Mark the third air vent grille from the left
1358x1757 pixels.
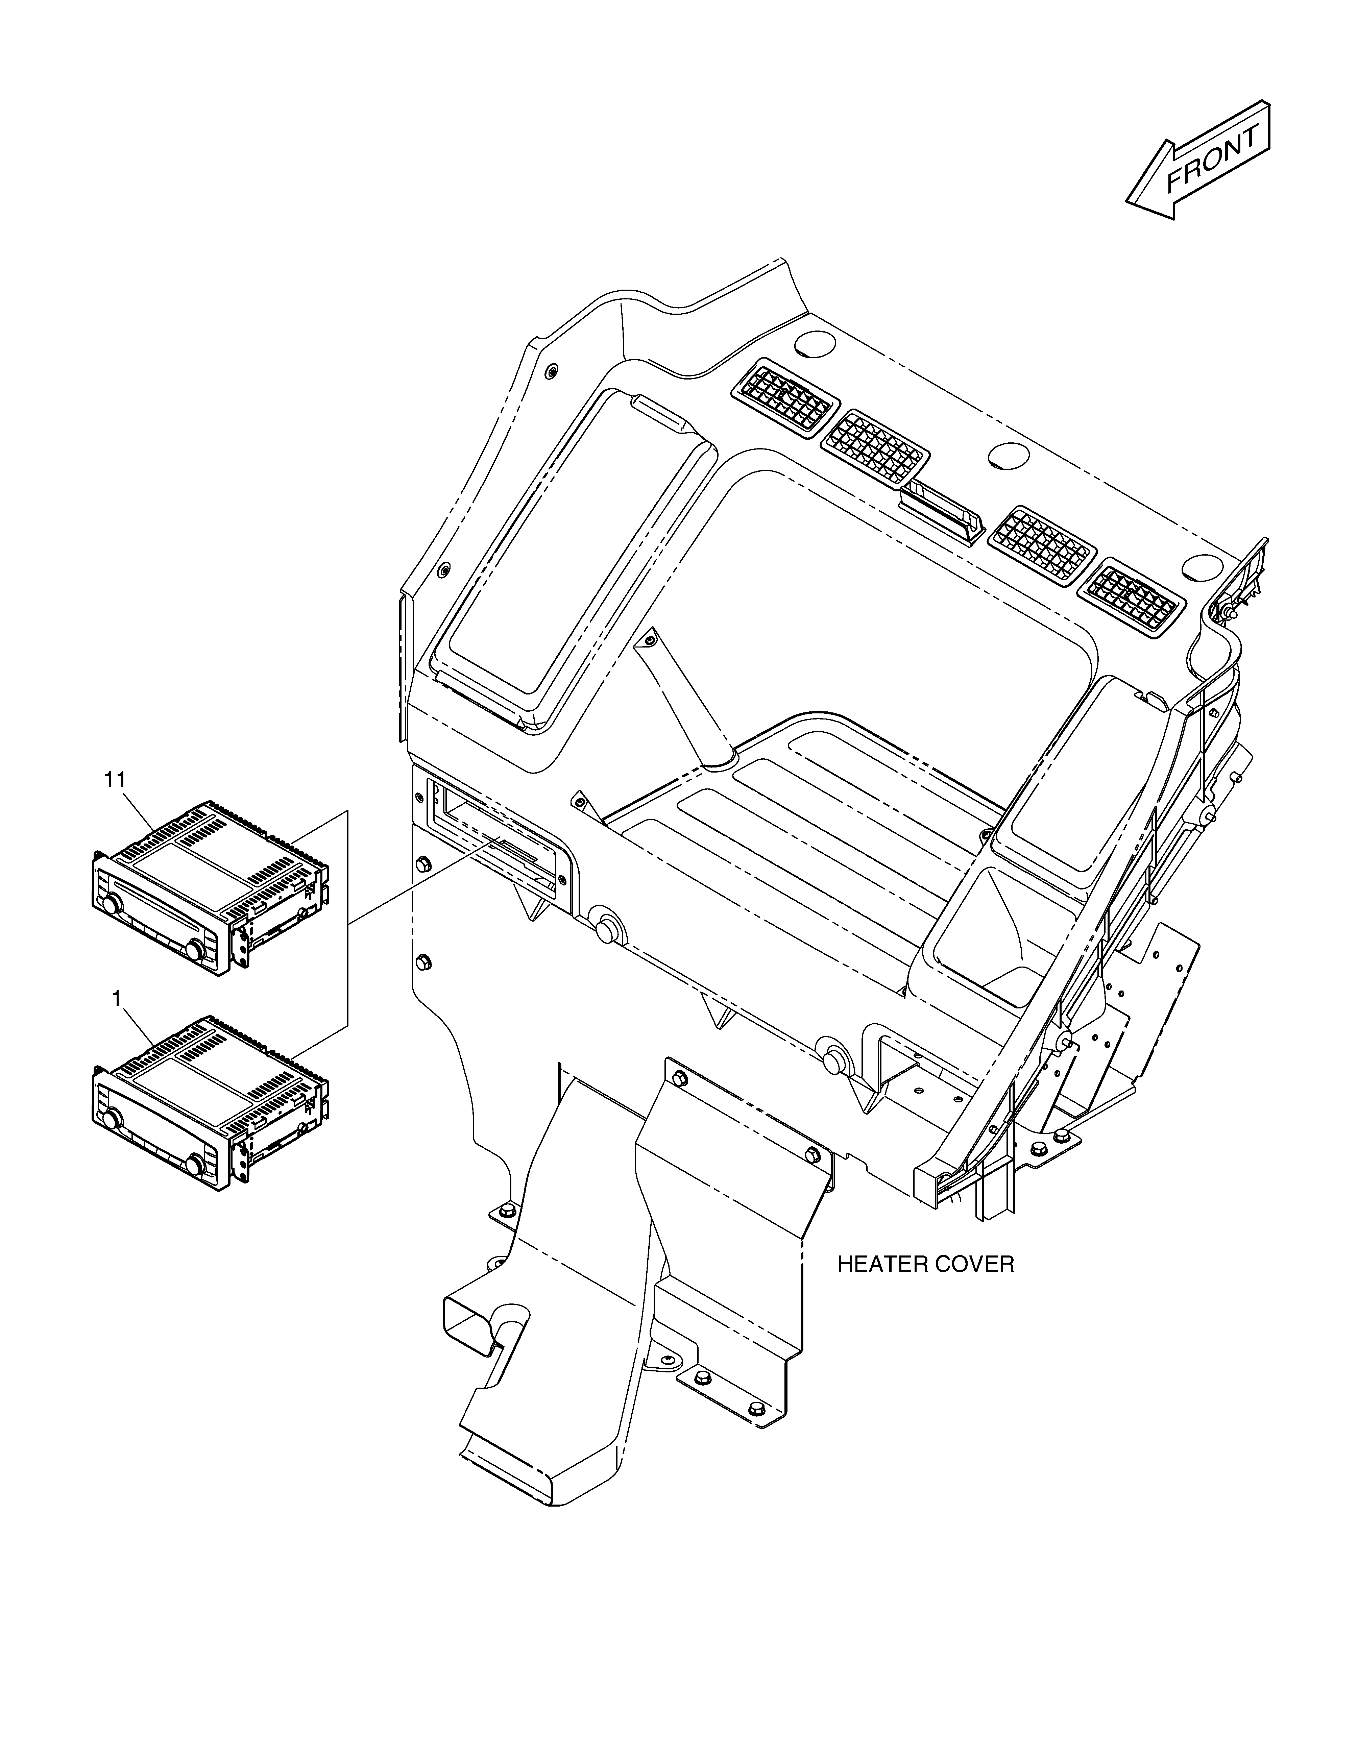1042,545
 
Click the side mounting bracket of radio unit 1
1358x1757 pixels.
241,1155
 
